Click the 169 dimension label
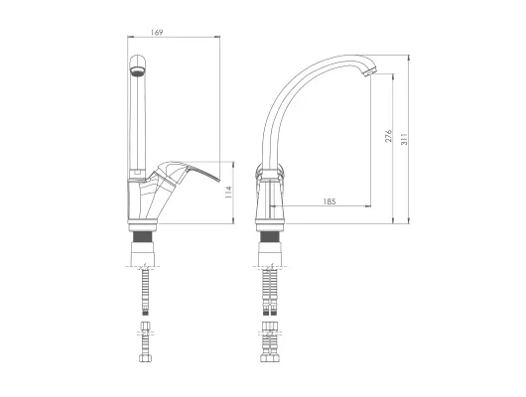click(157, 33)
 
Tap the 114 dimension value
click(228, 193)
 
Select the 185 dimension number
click(329, 201)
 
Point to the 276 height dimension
click(388, 136)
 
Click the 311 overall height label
click(404, 139)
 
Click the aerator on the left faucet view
click(138, 70)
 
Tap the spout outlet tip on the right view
click(370, 71)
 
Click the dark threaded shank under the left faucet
click(144, 237)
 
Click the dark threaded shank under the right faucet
click(271, 237)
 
